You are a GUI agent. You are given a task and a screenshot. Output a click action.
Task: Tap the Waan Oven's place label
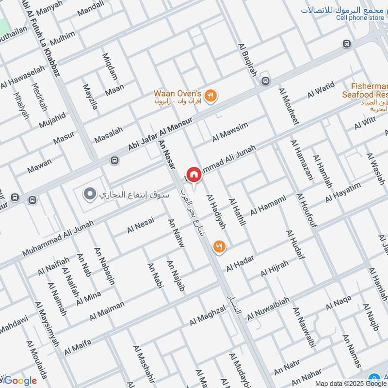pos(177,93)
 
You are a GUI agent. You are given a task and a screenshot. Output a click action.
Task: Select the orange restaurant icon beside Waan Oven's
pos(210,95)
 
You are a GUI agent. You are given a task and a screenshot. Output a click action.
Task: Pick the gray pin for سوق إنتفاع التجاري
pos(89,195)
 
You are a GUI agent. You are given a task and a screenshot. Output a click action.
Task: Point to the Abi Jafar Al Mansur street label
pos(161,133)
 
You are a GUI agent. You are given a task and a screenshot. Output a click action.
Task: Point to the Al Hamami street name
pos(268,206)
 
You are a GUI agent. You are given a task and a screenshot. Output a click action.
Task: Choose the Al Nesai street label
pos(141,225)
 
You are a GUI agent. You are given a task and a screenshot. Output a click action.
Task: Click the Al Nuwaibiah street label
pos(268,309)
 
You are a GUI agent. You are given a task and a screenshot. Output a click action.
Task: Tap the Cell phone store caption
pos(360,18)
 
